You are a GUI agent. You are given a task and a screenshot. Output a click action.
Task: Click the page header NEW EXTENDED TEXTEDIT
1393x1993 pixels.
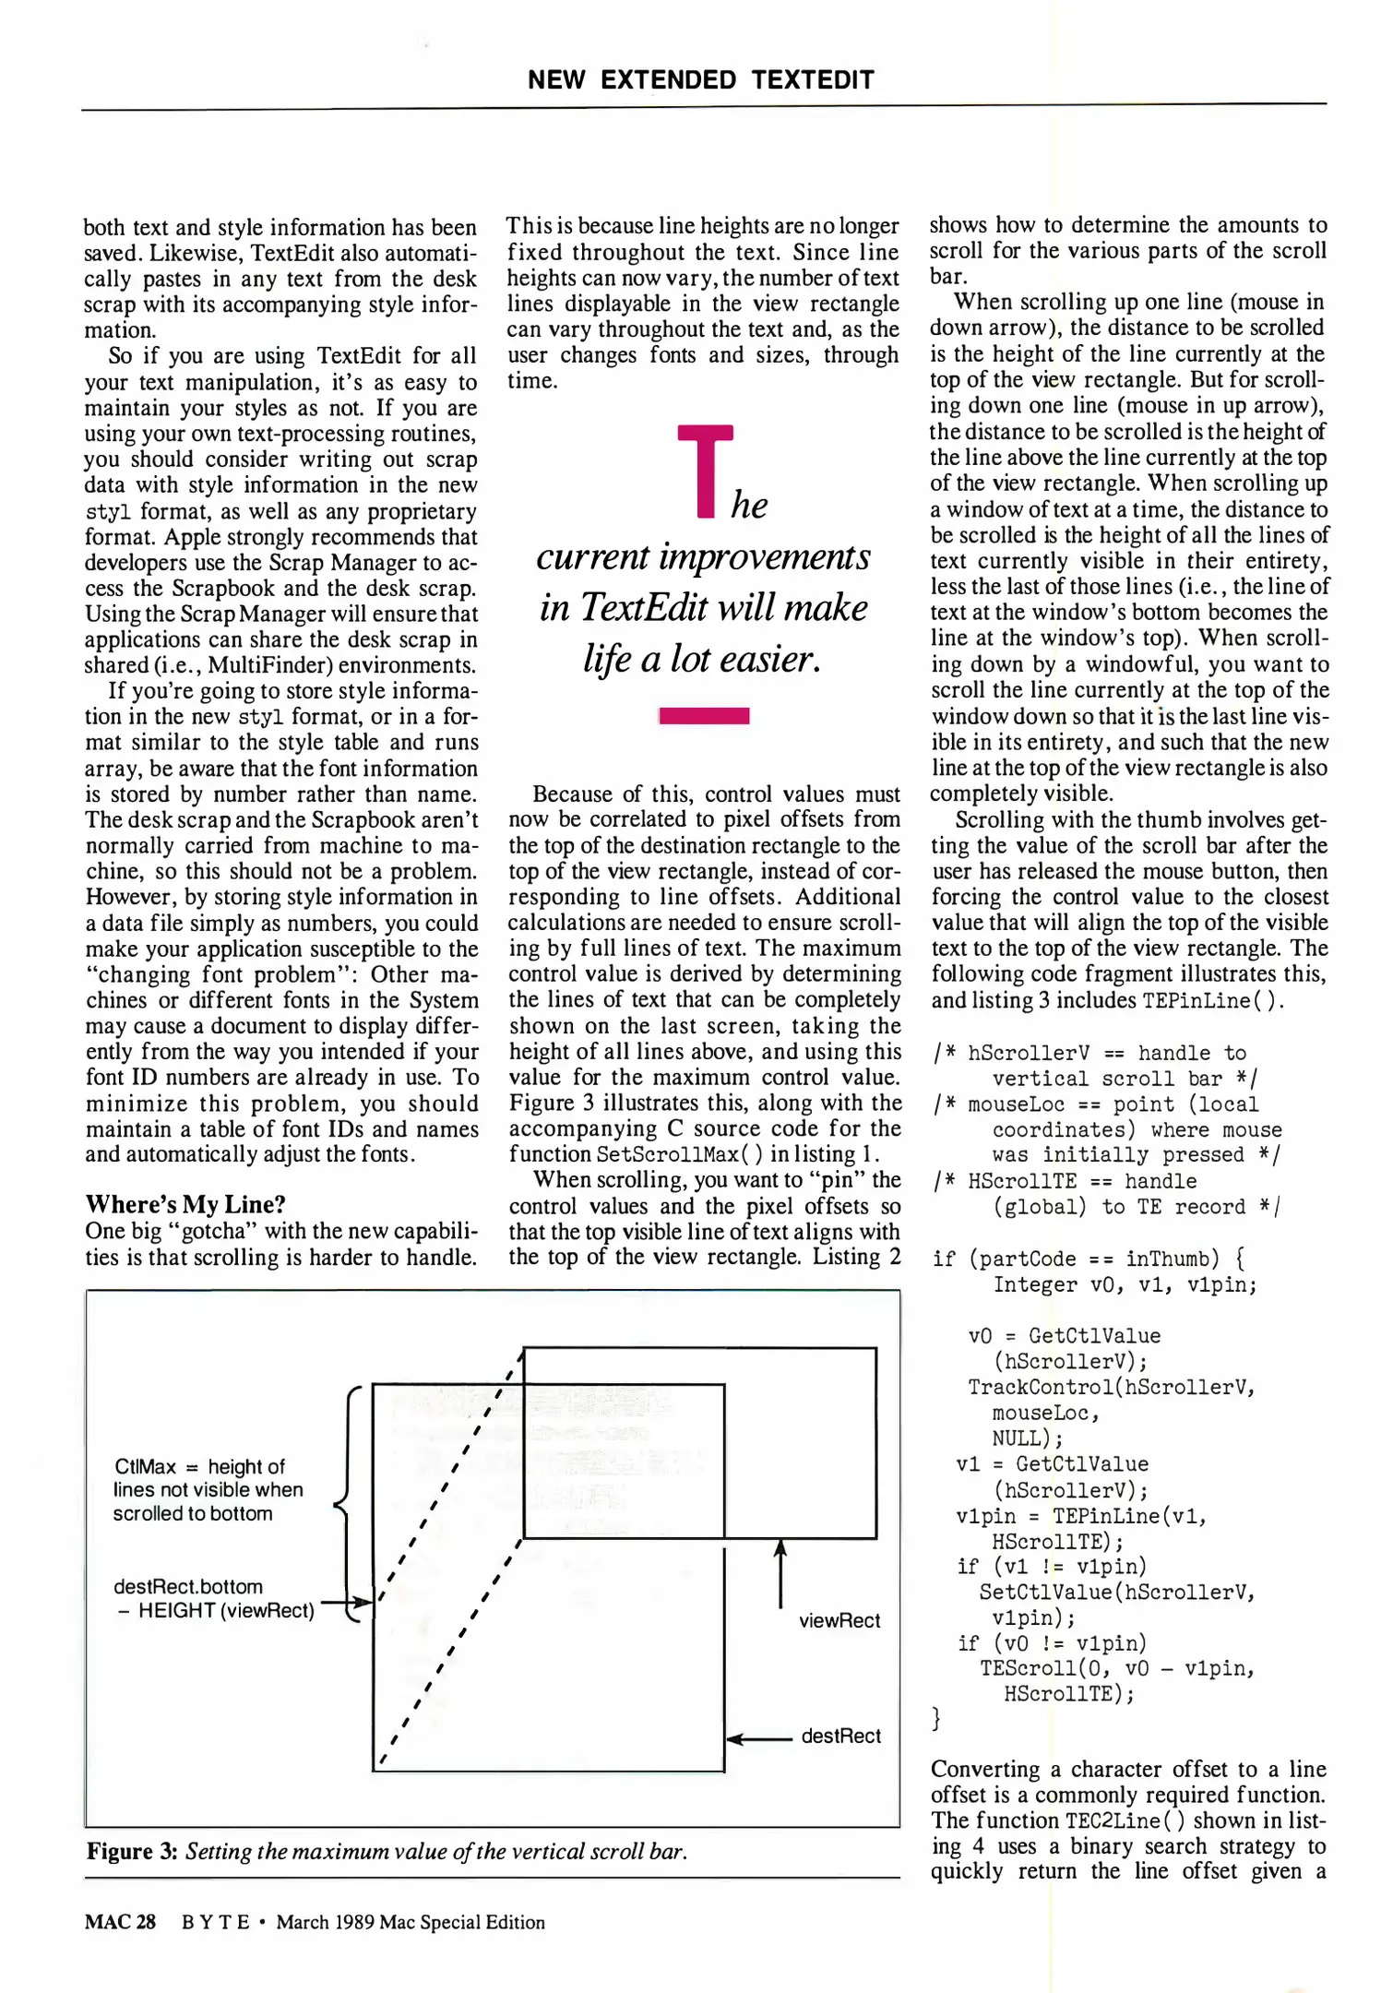point(700,80)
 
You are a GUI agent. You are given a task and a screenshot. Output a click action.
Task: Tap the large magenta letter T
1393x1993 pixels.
point(705,470)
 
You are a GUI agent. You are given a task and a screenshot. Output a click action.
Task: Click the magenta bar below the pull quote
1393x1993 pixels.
point(704,715)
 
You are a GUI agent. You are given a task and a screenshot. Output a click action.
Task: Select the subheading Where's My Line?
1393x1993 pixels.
point(185,1204)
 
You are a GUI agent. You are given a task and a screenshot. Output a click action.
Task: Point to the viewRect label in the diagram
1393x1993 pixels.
point(839,1620)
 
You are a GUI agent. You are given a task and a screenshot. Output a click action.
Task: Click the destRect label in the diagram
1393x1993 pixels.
point(840,1736)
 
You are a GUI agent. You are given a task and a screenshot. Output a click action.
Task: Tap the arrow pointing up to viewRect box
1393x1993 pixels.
point(780,1572)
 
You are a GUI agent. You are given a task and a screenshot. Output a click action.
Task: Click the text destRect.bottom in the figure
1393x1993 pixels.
point(188,1586)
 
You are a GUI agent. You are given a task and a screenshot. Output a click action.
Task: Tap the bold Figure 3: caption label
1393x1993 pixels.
point(132,1851)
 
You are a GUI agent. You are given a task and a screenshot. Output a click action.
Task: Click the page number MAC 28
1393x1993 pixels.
point(120,1922)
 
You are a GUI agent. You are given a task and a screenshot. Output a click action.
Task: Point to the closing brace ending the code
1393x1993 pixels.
point(937,1718)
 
